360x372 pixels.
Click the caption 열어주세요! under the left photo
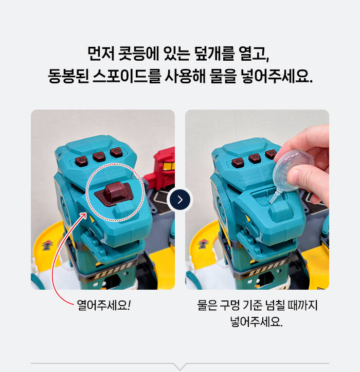point(103,305)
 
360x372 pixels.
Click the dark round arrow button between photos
point(180,200)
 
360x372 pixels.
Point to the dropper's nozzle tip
point(271,203)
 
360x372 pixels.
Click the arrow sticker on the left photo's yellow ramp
point(47,245)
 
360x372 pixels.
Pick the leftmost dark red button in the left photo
point(81,162)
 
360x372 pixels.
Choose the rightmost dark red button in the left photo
point(116,152)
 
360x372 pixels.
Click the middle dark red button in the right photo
point(255,158)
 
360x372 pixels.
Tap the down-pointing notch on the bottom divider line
point(180,366)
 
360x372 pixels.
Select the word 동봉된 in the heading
point(68,76)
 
